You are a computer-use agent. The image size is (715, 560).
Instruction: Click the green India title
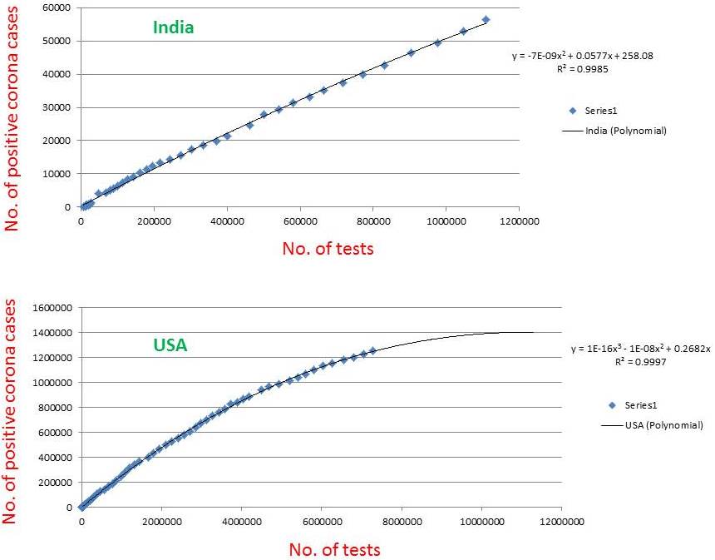(173, 27)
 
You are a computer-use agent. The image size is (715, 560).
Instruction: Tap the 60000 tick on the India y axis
(57, 7)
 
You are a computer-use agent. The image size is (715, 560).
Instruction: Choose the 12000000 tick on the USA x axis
(561, 522)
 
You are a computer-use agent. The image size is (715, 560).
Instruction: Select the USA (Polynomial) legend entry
(663, 425)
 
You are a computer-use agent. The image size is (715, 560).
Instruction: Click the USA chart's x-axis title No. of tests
(335, 549)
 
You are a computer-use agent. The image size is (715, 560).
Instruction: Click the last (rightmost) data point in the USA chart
(372, 351)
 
